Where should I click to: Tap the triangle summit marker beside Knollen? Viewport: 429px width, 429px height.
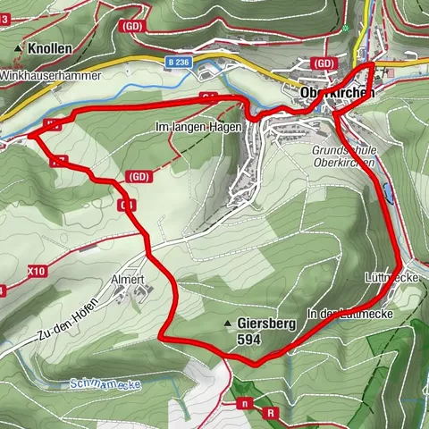coord(19,48)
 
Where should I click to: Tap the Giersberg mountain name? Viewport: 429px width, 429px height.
coord(266,324)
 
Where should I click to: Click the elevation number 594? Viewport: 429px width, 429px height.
coord(252,341)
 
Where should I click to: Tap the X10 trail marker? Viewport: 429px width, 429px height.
coord(35,269)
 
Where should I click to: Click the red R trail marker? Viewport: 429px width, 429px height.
coord(269,413)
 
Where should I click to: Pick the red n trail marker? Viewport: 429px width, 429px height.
coord(242,403)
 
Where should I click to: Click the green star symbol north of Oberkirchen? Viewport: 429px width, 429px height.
coord(345,29)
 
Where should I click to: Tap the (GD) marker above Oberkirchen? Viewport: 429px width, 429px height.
coord(324,64)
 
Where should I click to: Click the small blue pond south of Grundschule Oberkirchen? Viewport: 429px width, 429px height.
coord(386,190)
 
